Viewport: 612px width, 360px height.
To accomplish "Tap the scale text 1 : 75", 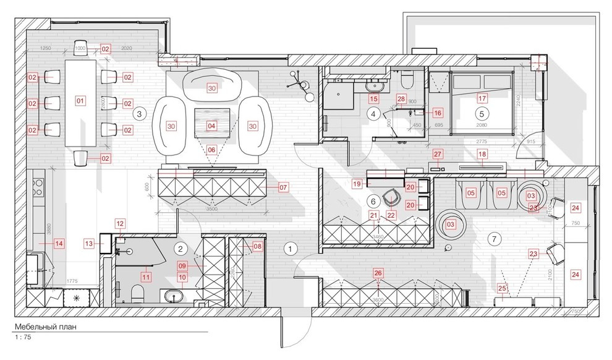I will (23, 338).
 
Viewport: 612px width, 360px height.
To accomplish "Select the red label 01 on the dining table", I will (79, 100).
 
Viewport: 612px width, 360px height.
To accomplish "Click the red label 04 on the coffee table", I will (212, 126).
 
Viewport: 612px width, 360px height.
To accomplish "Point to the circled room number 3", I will (140, 113).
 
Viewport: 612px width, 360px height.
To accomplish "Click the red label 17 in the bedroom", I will (482, 97).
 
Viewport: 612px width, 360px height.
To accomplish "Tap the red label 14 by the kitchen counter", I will (59, 244).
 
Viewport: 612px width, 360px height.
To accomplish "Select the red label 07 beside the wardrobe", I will (283, 186).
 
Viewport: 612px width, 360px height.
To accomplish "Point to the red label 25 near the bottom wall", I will (502, 288).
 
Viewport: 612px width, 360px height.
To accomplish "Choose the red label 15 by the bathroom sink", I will (373, 98).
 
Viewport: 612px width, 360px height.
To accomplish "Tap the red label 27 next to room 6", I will (438, 154).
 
